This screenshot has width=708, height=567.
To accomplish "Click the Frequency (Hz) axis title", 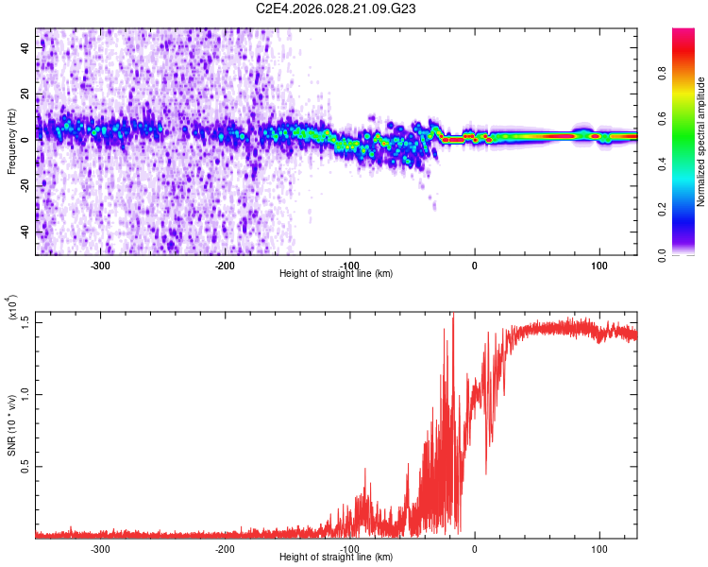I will pyautogui.click(x=11, y=142).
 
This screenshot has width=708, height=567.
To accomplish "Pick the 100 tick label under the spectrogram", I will pyautogui.click(x=598, y=266).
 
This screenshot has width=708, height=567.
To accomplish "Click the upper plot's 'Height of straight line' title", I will pyautogui.click(x=337, y=273).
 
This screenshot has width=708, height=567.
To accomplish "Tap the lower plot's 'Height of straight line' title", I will pyautogui.click(x=337, y=557).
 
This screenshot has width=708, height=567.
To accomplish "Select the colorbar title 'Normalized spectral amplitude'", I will pyautogui.click(x=701, y=142).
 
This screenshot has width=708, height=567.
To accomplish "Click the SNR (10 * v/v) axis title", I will pyautogui.click(x=11, y=425).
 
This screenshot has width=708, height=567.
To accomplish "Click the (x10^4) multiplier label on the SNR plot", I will pyautogui.click(x=13, y=307).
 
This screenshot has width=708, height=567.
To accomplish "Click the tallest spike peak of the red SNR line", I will pyautogui.click(x=453, y=314).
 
